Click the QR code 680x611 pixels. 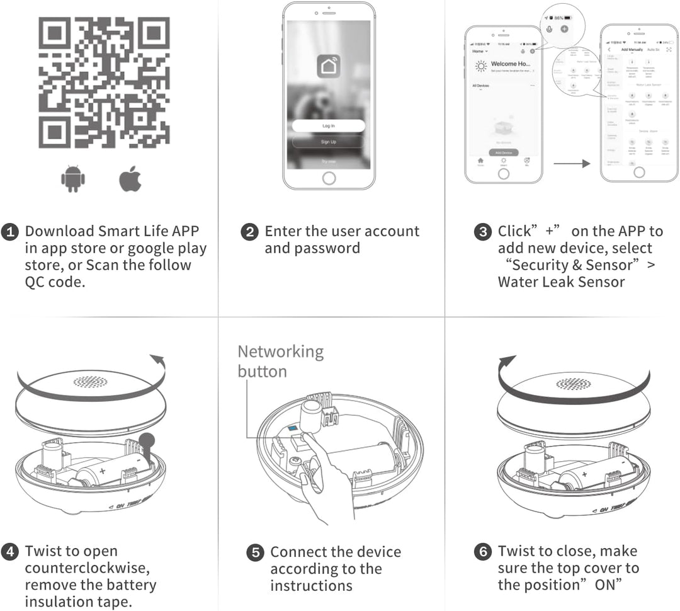click(x=104, y=82)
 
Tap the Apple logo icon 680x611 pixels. click(x=130, y=180)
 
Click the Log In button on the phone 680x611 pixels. click(x=328, y=126)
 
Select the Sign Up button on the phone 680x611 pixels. click(x=328, y=142)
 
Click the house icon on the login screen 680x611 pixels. click(x=328, y=67)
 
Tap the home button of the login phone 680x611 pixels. click(x=328, y=178)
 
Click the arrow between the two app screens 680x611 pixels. click(x=572, y=164)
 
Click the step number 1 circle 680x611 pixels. click(x=10, y=232)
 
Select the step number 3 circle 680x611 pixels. click(x=483, y=232)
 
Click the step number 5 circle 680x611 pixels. click(x=255, y=552)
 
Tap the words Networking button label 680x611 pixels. click(x=280, y=361)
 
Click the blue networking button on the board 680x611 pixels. click(x=293, y=428)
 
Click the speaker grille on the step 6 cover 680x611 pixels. click(x=574, y=384)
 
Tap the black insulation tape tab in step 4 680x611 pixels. click(x=147, y=442)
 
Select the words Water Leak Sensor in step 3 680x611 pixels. click(x=561, y=282)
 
